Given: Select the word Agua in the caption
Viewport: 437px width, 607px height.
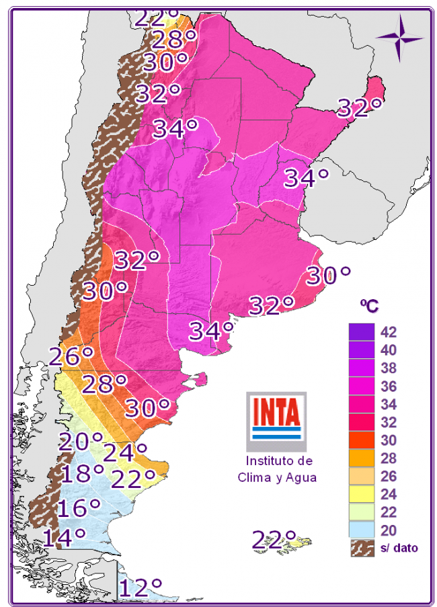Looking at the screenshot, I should click(301, 478).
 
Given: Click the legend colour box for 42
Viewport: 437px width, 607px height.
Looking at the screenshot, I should click(360, 332).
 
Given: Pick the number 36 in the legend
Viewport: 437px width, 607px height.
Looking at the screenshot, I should click(388, 387).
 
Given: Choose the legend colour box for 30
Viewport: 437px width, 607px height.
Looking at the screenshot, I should click(360, 440).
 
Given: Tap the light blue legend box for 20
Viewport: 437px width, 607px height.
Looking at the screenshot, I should click(360, 530).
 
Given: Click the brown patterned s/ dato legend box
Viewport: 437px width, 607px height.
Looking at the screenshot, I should click(360, 548).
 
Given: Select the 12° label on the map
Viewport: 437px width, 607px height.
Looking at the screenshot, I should click(141, 588).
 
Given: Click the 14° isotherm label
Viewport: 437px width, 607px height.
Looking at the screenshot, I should click(64, 537).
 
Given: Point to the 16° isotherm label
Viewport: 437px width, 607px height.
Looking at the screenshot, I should click(79, 508).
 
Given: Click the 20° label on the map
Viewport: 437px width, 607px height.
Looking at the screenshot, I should click(80, 442).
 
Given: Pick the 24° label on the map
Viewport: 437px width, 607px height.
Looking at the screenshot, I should click(124, 452).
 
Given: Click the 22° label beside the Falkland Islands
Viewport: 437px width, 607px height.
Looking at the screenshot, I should click(274, 539).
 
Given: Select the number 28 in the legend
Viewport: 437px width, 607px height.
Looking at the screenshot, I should click(388, 458).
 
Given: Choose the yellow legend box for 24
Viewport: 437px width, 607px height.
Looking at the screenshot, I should click(360, 494).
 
